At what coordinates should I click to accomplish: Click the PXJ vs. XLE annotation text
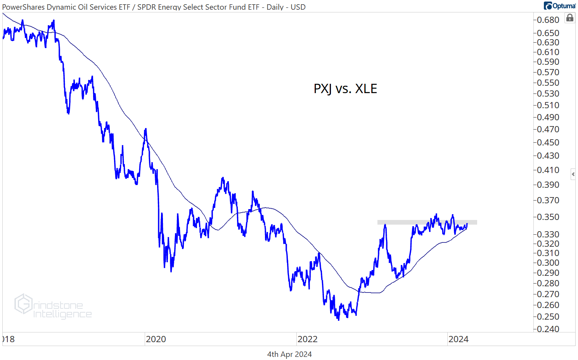click(x=345, y=89)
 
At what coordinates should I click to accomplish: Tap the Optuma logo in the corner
click(x=559, y=6)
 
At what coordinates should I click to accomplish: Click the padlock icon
click(x=569, y=18)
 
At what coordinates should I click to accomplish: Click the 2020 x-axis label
click(x=156, y=339)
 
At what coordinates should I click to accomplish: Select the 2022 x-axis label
click(x=308, y=339)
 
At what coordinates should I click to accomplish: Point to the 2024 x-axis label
click(x=459, y=339)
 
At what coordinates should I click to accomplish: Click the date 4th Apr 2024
click(x=289, y=354)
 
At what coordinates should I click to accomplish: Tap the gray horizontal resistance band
click(x=427, y=222)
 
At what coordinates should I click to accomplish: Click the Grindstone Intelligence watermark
click(x=53, y=307)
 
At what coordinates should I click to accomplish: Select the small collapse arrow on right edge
click(x=573, y=174)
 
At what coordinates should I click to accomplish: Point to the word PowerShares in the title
click(x=23, y=7)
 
